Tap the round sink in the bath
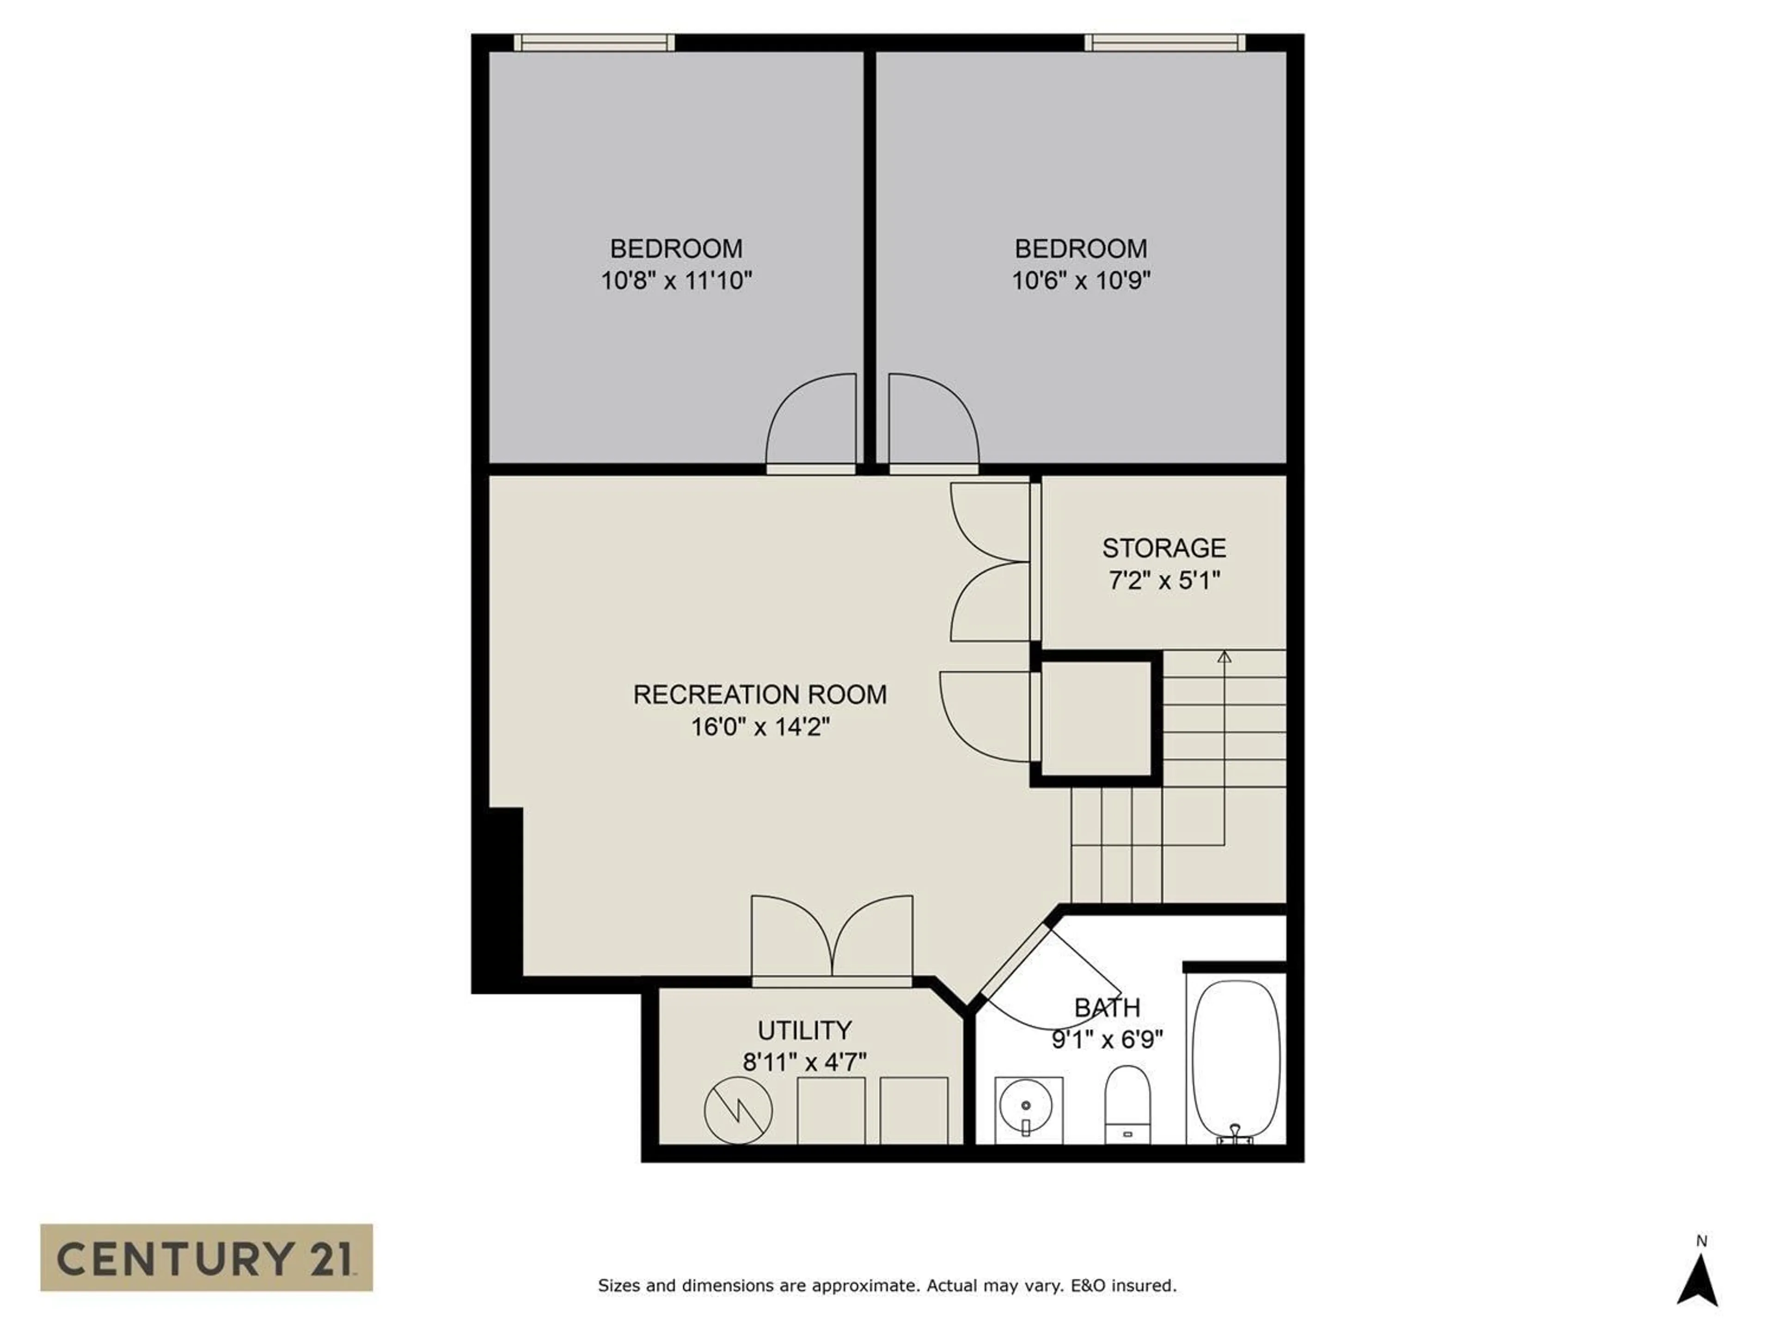1028,1109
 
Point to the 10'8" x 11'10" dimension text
676,281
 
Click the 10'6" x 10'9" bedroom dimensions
1081,281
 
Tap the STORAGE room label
1163,548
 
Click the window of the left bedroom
594,43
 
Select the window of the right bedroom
1164,43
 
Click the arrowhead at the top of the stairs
1224,656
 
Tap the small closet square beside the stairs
1096,719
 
